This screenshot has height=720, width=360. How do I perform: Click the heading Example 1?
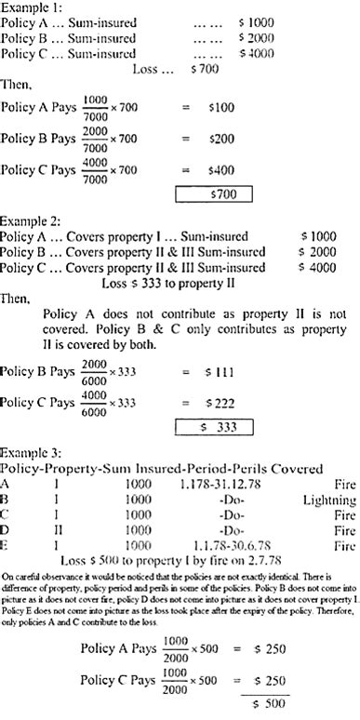[x=30, y=7]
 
